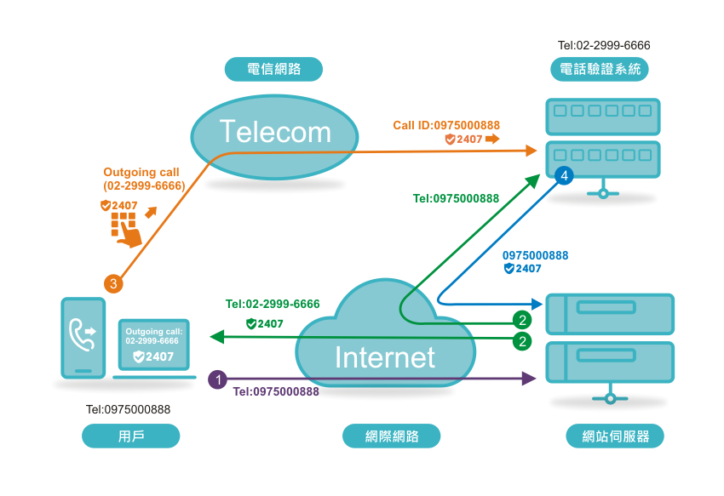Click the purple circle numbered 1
[x=217, y=379]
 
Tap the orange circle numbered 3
[x=113, y=284]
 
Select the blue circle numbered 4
[x=564, y=175]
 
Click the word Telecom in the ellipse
[x=275, y=132]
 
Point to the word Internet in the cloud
[x=385, y=357]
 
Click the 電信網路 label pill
[x=273, y=69]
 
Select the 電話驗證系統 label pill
[x=600, y=69]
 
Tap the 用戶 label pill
[x=131, y=436]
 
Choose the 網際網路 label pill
[x=392, y=436]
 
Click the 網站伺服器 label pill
[x=615, y=436]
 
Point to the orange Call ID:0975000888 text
[x=446, y=126]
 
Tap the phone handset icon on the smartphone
[x=82, y=334]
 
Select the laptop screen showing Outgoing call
[x=154, y=345]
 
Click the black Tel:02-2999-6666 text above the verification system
[x=604, y=45]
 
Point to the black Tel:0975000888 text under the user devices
[x=128, y=409]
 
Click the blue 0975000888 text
[x=536, y=255]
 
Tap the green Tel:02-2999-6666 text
[x=273, y=304]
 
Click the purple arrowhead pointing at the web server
[x=529, y=379]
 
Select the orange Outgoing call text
[x=141, y=172]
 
